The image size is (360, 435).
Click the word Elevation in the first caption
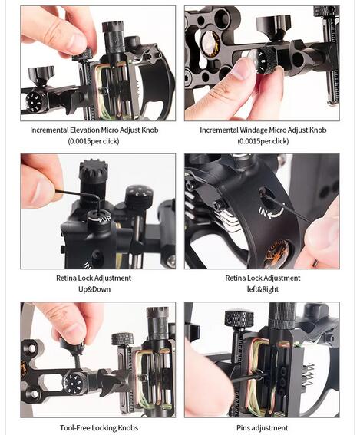pos(84,130)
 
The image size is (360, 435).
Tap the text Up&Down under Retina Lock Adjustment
pos(94,289)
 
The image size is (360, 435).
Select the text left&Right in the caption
pos(263,289)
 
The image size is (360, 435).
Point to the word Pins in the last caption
pos(243,428)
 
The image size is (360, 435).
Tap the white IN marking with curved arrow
pos(270,212)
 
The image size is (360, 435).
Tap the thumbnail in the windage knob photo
pos(241,68)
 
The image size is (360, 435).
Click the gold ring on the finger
pos(315,262)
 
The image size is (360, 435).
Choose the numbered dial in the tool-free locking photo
pos(74,384)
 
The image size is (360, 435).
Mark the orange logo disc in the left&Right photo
pos(275,254)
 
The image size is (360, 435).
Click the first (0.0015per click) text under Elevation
pos(94,141)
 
